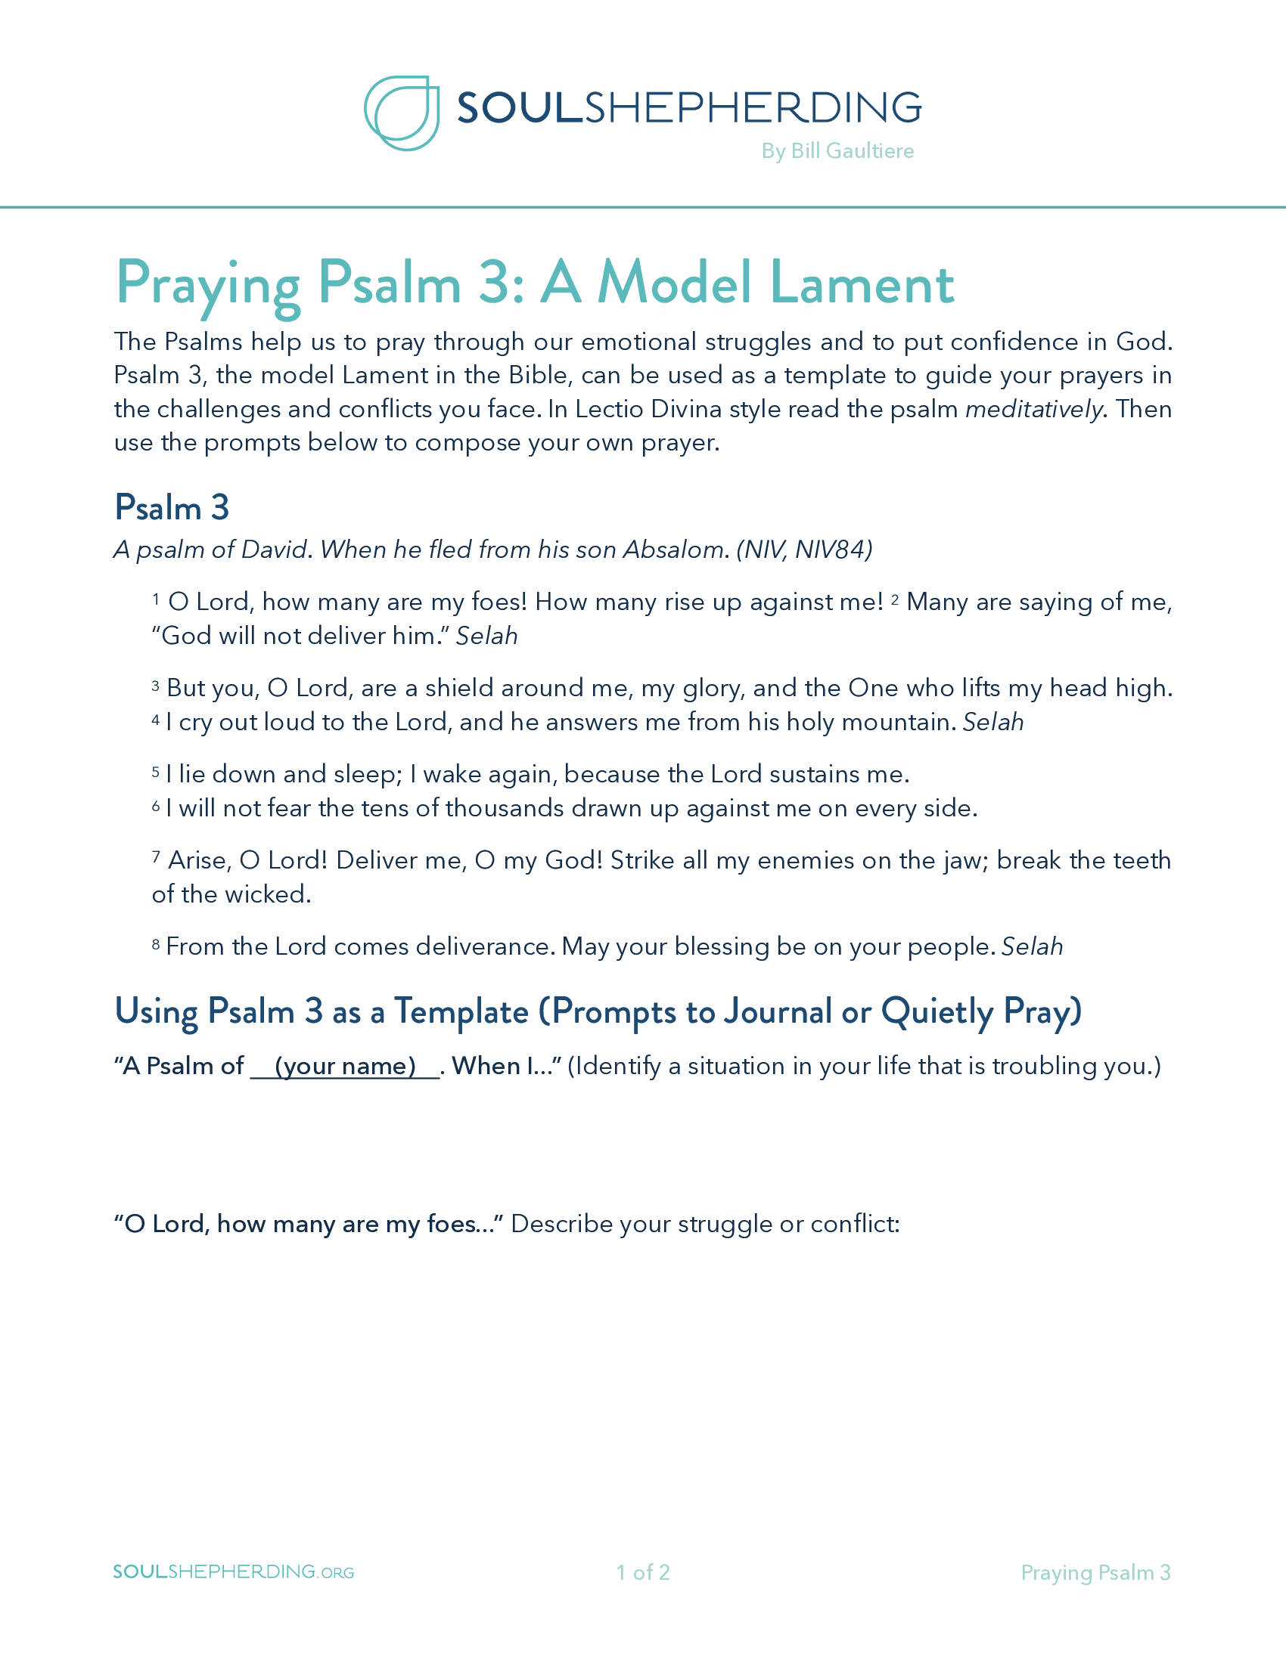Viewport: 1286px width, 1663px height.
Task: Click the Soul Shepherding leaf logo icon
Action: pos(402,113)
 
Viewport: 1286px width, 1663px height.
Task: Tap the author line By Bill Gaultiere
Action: pos(837,150)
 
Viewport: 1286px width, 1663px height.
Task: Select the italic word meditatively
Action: pos(1034,410)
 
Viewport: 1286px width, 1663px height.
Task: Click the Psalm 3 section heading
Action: pos(172,507)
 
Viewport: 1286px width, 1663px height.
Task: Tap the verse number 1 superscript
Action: pos(156,599)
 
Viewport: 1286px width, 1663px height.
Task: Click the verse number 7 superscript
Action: pos(155,857)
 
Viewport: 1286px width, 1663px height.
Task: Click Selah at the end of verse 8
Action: pos(1032,946)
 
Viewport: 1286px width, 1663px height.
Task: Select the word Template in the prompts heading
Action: pos(461,1012)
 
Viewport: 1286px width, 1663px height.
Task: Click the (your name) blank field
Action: pos(345,1066)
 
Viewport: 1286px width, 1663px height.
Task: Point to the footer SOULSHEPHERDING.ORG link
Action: pos(233,1572)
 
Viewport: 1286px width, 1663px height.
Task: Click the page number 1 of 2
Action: pos(643,1572)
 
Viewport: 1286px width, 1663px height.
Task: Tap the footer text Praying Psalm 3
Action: pos(1095,1572)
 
